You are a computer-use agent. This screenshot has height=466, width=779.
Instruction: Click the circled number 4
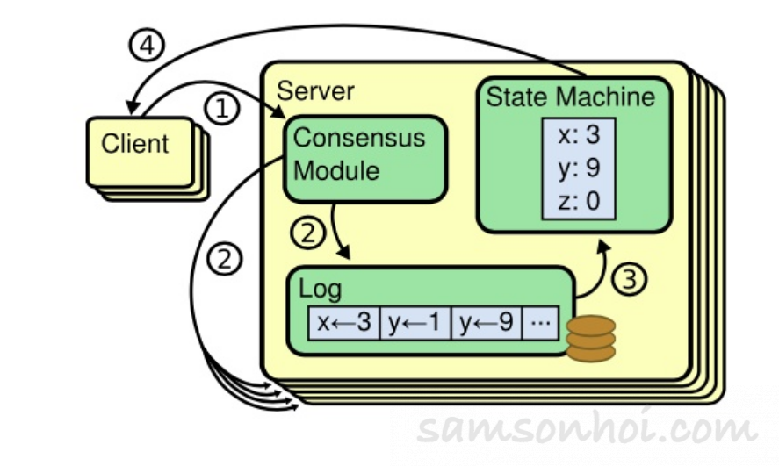point(147,45)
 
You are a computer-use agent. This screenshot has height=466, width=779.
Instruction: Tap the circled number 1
point(221,108)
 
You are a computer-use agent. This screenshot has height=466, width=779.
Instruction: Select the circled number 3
point(629,279)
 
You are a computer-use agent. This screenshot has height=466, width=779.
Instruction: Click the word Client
point(135,144)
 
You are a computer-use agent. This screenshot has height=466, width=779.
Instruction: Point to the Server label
point(315,90)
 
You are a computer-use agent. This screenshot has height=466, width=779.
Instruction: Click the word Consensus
point(359,138)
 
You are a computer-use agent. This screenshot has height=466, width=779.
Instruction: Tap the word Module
point(336,171)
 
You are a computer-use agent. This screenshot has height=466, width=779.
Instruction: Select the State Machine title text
point(570,97)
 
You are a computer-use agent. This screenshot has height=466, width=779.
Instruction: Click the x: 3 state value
point(579,134)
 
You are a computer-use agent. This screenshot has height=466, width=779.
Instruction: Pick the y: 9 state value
point(579,168)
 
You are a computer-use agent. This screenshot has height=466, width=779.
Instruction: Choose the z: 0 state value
point(579,201)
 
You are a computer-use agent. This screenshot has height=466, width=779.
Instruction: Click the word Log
point(320,289)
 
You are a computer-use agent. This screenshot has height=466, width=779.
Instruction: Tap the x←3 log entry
point(343,323)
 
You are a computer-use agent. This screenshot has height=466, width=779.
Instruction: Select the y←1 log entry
point(415,323)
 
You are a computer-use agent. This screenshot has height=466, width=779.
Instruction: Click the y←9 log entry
point(487,323)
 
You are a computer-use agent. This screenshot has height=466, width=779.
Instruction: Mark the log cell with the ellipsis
point(540,323)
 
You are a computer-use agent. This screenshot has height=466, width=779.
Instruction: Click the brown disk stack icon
point(591,340)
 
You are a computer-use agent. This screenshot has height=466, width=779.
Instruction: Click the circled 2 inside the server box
point(308,233)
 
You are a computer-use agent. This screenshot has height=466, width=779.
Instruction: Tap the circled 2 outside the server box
point(225,259)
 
